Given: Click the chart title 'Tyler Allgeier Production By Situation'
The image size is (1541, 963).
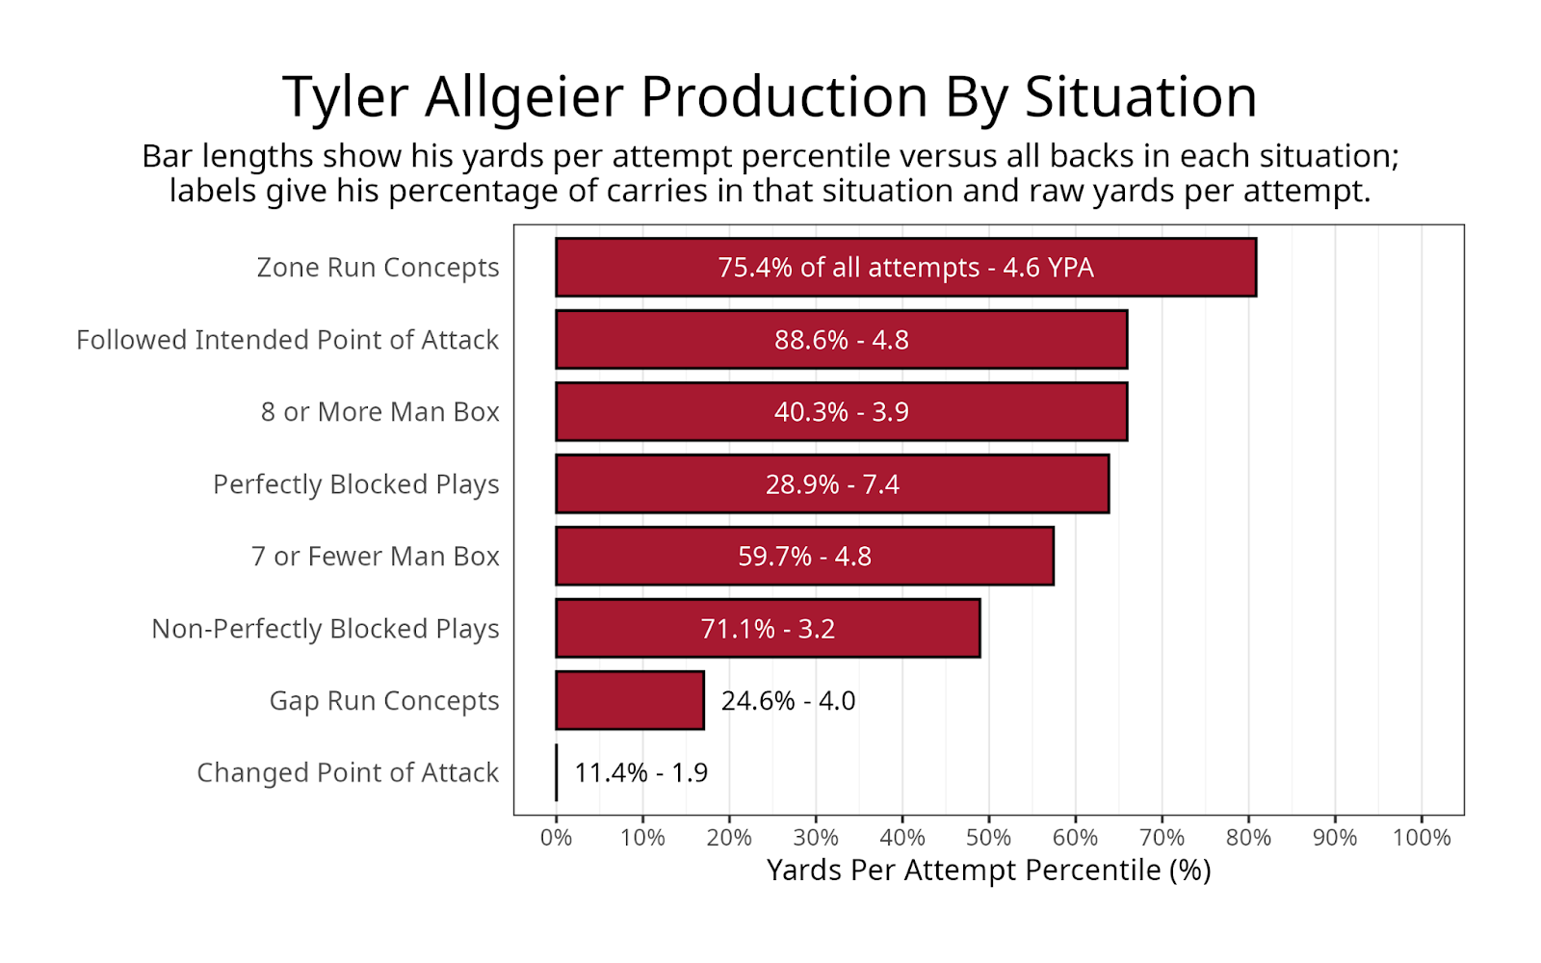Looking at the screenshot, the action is pos(770,97).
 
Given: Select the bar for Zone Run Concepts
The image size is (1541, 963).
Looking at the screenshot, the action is pos(906,268).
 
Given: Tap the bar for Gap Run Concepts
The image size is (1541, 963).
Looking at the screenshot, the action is pos(630,700).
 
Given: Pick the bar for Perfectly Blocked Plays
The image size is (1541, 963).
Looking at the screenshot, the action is pos(832,484).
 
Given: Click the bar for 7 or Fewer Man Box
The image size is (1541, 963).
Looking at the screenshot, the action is pos(805,556).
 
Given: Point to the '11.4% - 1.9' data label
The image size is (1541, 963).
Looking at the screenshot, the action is pos(641,773).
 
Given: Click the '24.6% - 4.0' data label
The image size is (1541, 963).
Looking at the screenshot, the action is pos(789,701).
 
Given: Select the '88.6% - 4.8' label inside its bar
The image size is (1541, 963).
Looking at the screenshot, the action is pos(842,340).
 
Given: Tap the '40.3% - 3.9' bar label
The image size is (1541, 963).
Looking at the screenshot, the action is pos(842,412).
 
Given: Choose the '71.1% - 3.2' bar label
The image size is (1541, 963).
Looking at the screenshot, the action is pos(768,629).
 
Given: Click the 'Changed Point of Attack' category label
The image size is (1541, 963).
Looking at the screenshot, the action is pos(348,773).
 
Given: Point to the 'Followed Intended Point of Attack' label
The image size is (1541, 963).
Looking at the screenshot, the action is pos(288,340).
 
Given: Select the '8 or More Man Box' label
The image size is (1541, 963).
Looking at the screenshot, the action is pos(379,412).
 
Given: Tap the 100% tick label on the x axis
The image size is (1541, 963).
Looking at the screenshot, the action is pos(1422,838).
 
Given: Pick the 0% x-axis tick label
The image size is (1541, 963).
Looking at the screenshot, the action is pos(556,838).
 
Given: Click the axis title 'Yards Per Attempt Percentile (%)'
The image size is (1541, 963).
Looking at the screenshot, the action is pos(988,871).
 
